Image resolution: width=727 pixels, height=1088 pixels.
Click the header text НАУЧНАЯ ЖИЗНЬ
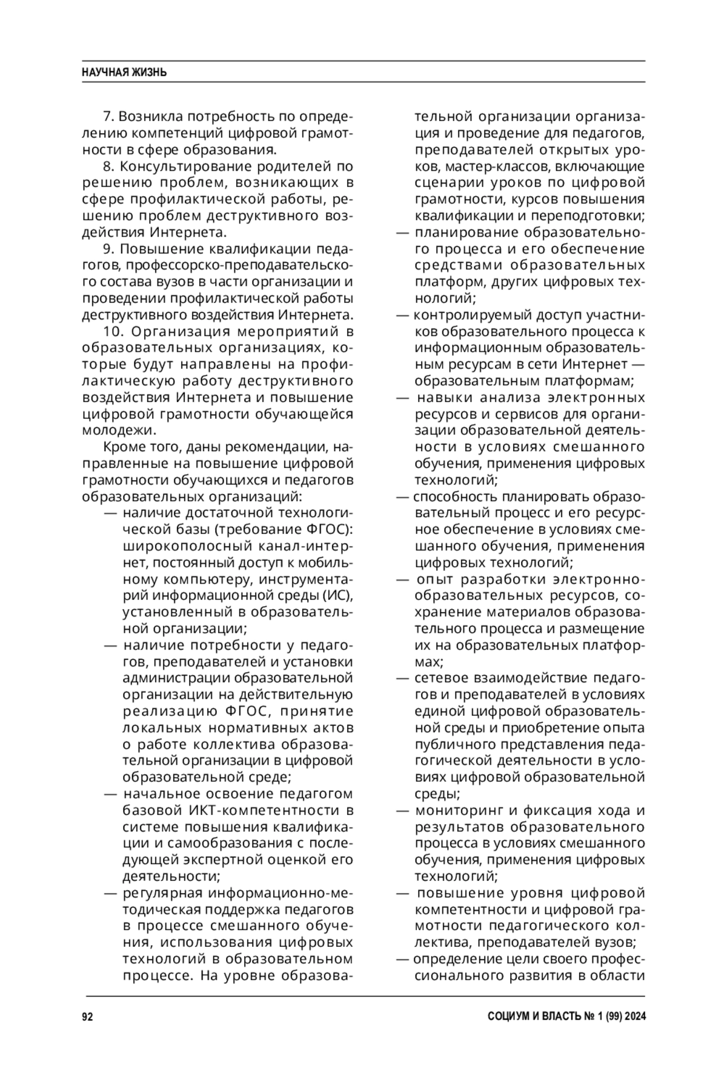(x=124, y=73)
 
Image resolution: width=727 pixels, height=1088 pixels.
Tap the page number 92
(x=87, y=1017)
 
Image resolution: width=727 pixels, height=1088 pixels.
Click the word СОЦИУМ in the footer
(x=508, y=1017)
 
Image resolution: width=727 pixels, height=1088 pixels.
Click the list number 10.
(x=113, y=332)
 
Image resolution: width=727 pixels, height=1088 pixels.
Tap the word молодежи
(x=111, y=430)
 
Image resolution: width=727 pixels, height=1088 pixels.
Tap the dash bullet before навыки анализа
(x=402, y=398)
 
